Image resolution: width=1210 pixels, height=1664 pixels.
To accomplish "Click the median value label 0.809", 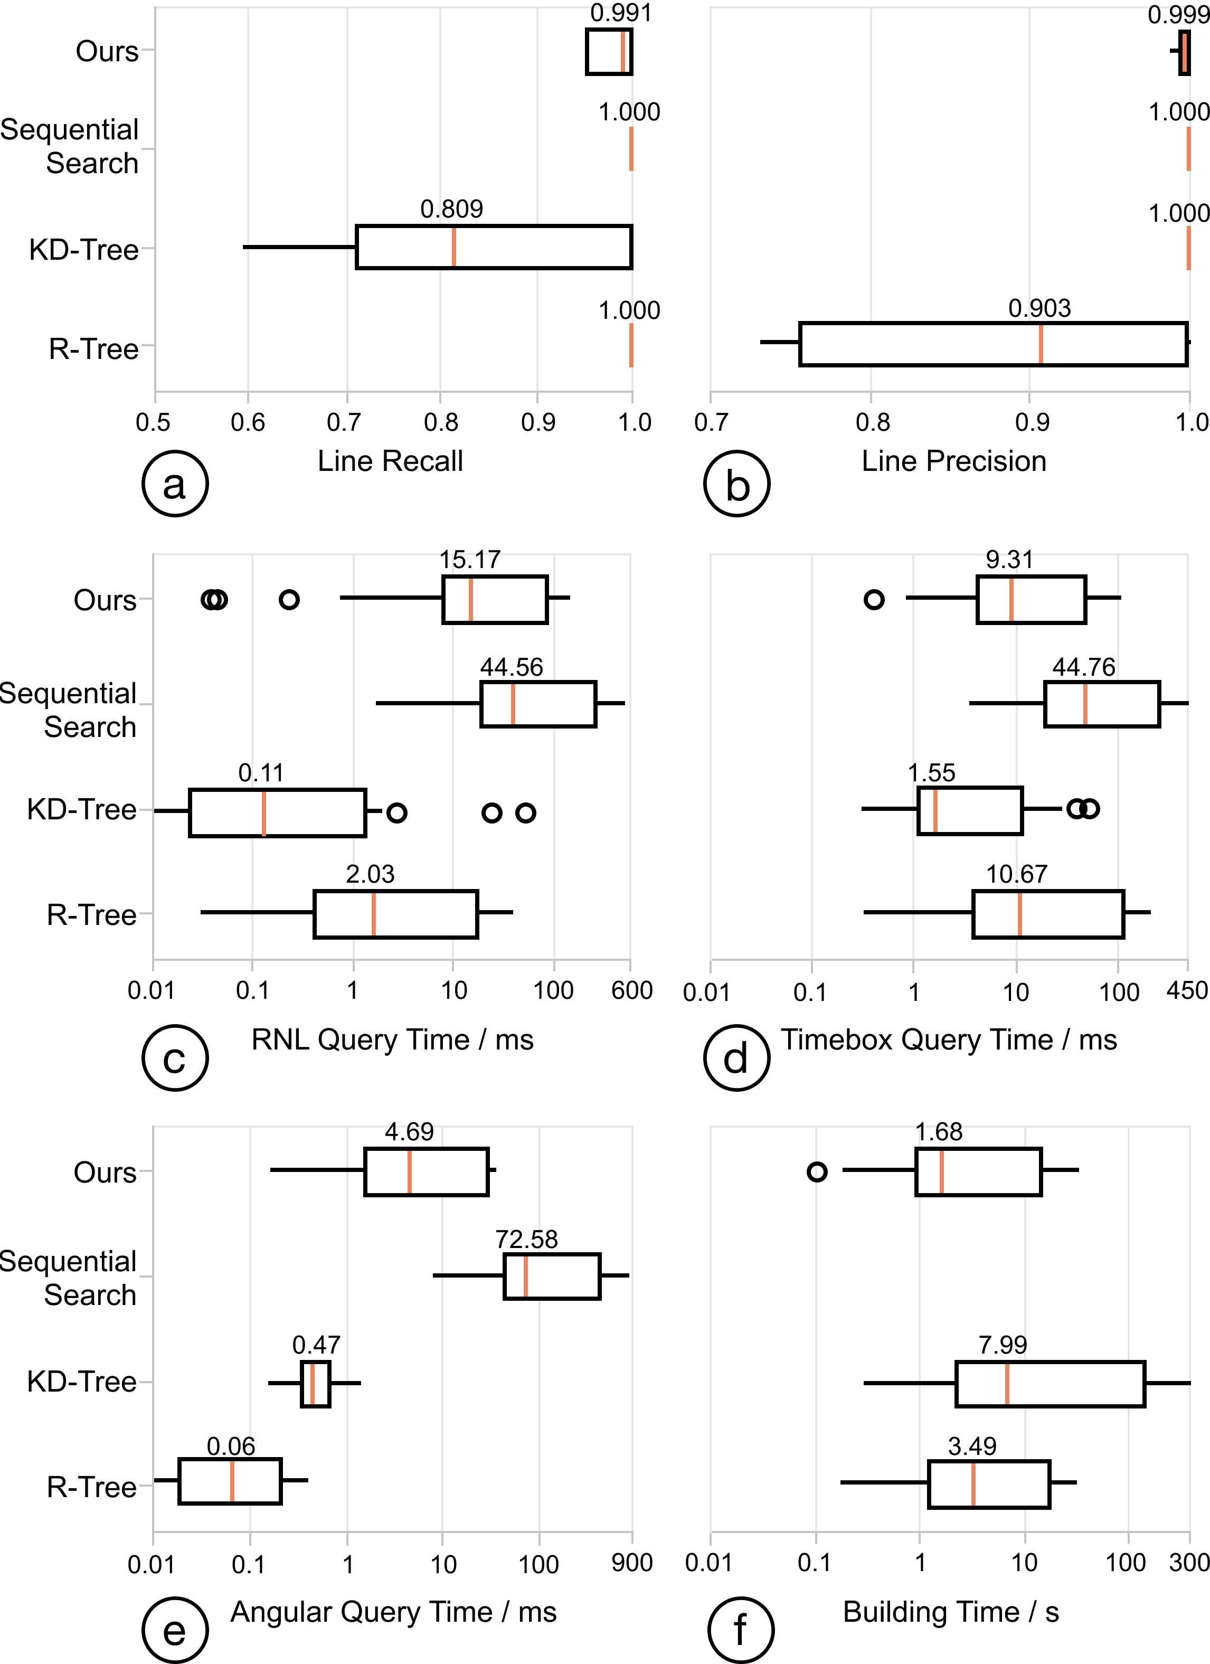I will (451, 209).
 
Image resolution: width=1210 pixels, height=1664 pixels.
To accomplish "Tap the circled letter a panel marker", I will (175, 484).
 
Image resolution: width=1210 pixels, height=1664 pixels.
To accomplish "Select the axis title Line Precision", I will (953, 461).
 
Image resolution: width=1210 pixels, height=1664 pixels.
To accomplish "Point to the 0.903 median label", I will (1039, 308).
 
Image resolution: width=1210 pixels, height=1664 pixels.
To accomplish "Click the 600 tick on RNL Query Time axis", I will (631, 990).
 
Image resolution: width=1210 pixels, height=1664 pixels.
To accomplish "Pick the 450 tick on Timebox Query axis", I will (1187, 990).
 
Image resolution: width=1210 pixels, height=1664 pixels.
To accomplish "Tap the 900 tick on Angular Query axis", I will (631, 1563).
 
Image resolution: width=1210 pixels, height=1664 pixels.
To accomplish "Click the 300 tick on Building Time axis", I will (1189, 1563).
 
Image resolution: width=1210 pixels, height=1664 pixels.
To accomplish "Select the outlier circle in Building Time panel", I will (817, 1171).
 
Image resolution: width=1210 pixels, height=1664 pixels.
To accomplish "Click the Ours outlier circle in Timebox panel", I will (873, 599).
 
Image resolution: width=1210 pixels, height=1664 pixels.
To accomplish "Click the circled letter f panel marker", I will (740, 1630).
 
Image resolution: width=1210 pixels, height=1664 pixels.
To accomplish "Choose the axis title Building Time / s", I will (950, 1612).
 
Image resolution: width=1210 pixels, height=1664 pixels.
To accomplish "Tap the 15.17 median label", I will (470, 560).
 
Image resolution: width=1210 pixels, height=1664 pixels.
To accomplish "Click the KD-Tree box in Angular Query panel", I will (316, 1384).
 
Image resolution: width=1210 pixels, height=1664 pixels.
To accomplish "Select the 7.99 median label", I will (1003, 1345).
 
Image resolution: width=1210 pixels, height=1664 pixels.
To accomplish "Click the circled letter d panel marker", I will (736, 1058).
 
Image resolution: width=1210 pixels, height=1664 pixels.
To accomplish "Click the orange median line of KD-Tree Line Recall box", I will (453, 247).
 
